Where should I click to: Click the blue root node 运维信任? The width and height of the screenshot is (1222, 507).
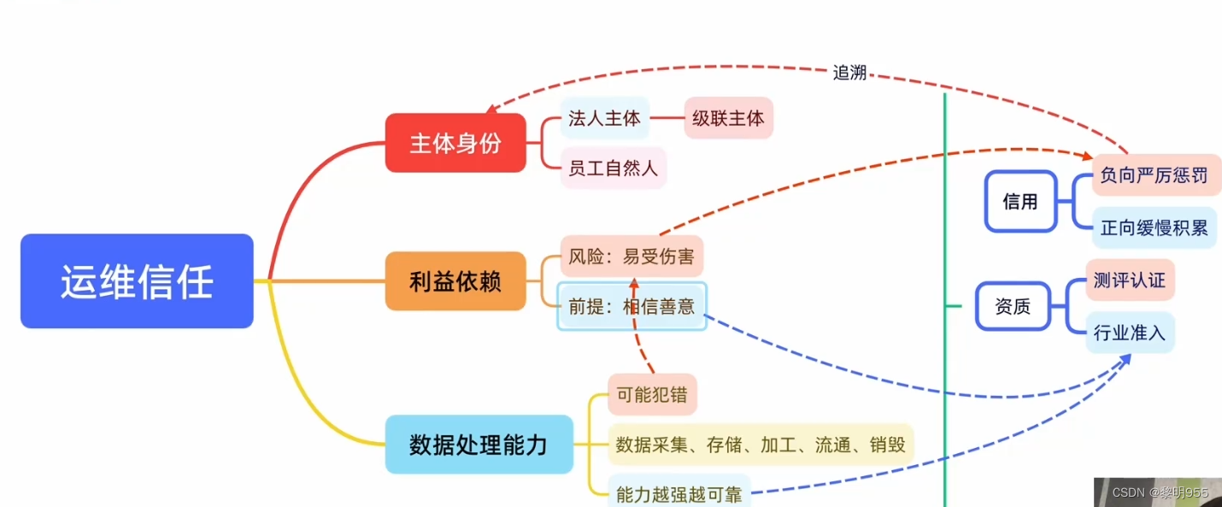point(137,281)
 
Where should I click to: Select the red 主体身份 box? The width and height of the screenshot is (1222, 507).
point(455,143)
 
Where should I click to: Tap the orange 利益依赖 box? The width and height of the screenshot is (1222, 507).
point(455,281)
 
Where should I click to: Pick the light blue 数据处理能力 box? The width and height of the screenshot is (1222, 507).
point(479,445)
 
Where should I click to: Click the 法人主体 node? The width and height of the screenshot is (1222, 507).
point(604,119)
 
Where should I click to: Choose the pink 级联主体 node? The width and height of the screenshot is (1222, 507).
point(728,119)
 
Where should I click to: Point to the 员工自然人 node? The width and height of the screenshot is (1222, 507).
point(613,168)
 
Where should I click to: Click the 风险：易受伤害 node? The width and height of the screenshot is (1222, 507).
point(632,256)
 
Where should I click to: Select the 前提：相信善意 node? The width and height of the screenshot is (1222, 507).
point(632,306)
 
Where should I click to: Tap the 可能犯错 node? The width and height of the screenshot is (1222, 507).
point(652,395)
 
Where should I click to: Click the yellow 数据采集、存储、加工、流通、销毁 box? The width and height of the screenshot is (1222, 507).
point(761,445)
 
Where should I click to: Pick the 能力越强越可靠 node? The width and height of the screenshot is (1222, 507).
point(679,493)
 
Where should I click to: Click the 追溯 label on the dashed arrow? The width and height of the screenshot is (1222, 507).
point(849,74)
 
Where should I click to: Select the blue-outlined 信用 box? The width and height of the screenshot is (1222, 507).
point(1020,202)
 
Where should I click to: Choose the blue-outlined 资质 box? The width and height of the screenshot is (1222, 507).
point(1013,306)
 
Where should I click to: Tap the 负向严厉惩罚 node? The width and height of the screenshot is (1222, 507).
point(1154,175)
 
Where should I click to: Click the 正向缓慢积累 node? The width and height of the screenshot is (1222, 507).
point(1154,227)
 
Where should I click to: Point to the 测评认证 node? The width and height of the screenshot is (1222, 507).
point(1130,280)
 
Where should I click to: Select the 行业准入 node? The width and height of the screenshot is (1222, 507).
point(1130,333)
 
